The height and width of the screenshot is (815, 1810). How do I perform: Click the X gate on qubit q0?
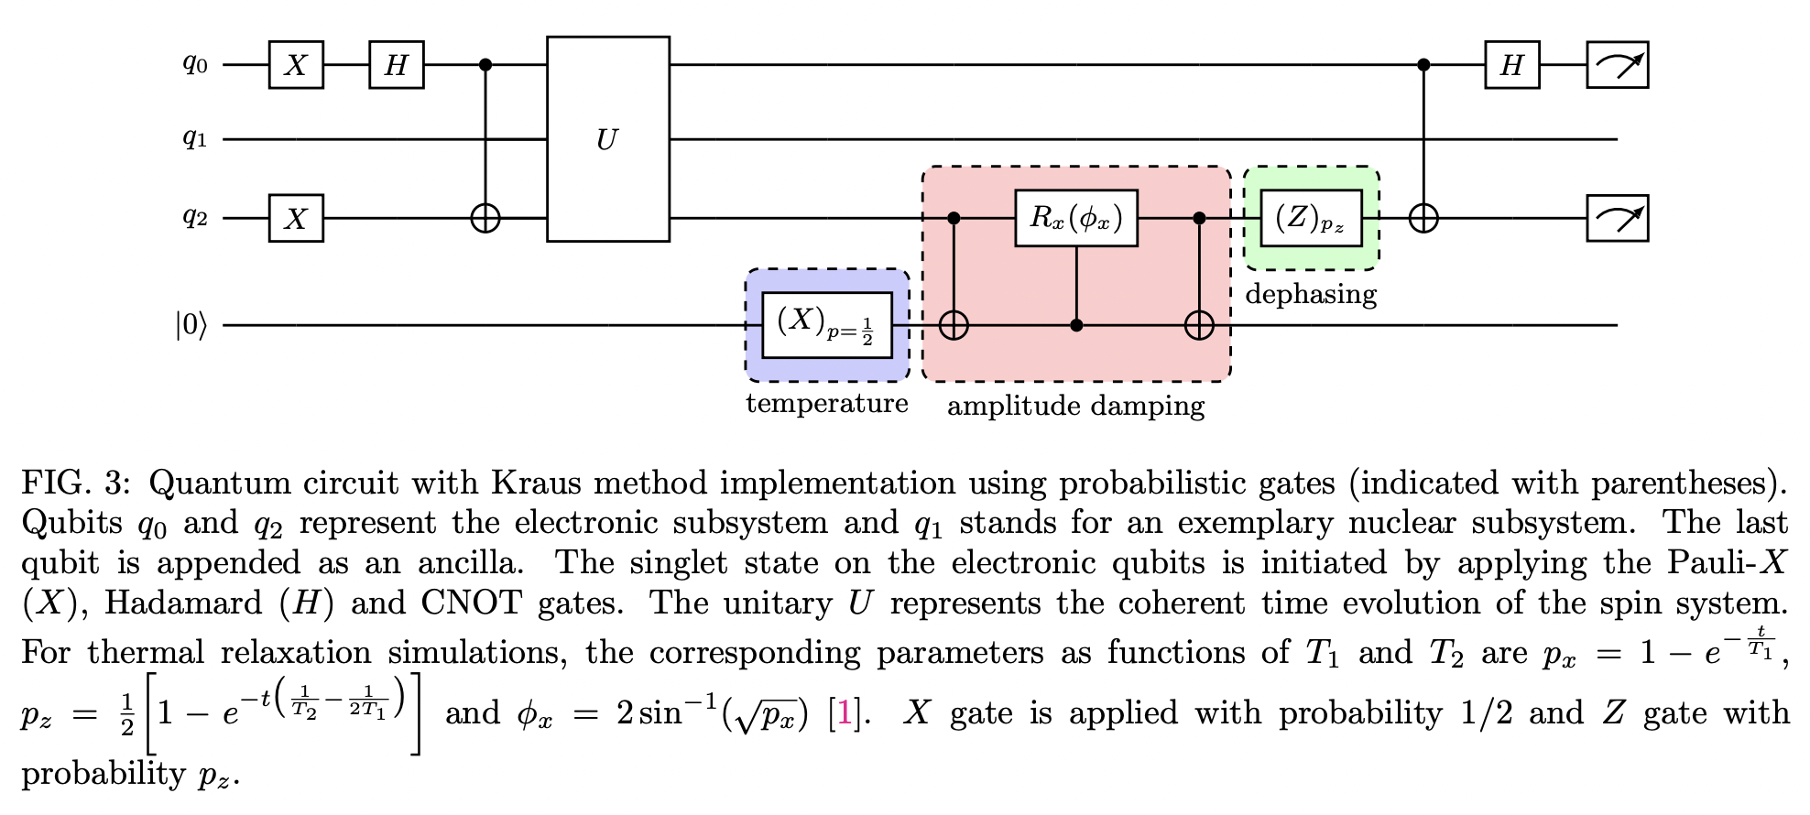coord(296,65)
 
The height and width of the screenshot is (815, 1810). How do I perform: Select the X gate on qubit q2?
coord(296,218)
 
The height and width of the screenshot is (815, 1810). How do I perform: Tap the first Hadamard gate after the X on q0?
coord(397,65)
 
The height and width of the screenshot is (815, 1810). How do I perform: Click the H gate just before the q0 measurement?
coord(1511,65)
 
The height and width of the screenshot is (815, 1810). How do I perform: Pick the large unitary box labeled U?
coord(607,139)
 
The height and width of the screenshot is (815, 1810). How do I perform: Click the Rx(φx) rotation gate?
coord(1076,218)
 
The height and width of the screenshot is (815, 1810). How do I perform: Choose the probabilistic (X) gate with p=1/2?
coord(827,325)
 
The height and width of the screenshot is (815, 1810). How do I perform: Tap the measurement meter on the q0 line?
coord(1617,65)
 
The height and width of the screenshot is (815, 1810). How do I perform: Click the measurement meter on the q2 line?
coord(1617,218)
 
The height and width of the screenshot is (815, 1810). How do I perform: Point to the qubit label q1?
coord(195,138)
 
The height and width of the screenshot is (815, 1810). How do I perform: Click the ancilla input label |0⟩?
coord(191,325)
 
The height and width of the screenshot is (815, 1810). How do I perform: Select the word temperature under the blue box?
coord(827,403)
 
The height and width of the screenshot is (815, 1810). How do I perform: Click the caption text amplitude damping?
coord(1075,406)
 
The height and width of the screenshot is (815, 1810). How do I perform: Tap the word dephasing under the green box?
coord(1311,294)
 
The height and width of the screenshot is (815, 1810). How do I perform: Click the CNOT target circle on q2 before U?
coord(485,218)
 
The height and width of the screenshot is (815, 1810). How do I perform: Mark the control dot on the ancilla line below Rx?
coord(1076,325)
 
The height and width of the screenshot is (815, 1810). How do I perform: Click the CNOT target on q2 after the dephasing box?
coord(1423,218)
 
